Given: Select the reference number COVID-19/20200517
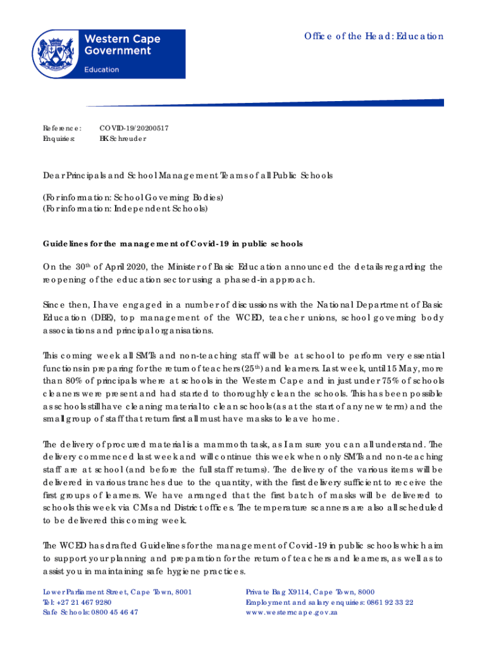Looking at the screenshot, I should (134, 128).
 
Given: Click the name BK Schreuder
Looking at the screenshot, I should (123, 138).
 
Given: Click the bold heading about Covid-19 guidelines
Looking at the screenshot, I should (173, 243).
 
